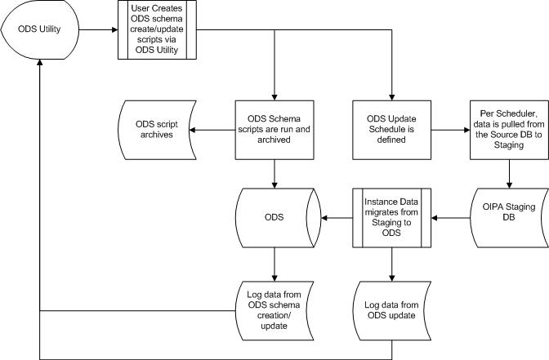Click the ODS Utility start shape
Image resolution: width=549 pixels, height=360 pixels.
(x=38, y=33)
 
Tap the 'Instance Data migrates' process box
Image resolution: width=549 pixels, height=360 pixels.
(x=391, y=218)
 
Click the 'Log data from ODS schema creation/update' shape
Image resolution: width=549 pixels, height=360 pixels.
(x=274, y=309)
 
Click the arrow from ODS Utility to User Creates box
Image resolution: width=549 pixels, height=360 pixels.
(x=96, y=33)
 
